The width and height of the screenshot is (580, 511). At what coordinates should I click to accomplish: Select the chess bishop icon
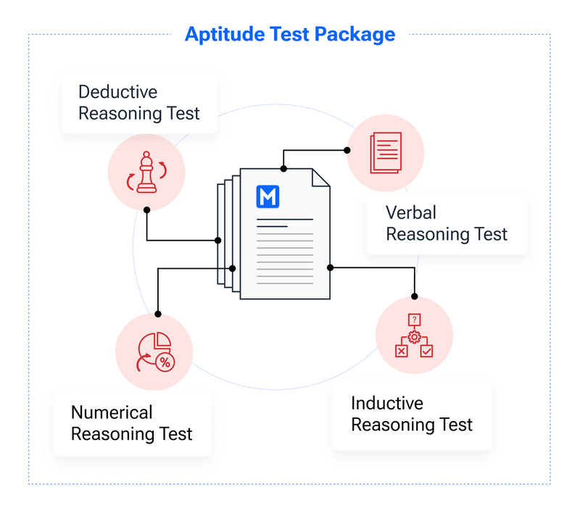[146, 173]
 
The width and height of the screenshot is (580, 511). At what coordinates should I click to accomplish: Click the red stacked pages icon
[385, 152]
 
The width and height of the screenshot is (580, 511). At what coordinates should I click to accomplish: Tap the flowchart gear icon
[414, 336]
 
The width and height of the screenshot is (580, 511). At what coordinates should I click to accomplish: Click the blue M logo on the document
[268, 197]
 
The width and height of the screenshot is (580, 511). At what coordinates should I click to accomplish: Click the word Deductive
[117, 92]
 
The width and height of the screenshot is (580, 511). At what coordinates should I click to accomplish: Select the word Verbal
[411, 212]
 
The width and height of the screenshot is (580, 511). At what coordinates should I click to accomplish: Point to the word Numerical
[112, 412]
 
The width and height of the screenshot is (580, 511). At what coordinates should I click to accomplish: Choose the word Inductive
[387, 403]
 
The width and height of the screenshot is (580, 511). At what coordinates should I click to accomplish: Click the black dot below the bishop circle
[146, 209]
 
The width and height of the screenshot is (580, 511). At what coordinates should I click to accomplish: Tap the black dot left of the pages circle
[347, 150]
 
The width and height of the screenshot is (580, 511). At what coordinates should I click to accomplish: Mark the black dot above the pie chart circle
[158, 315]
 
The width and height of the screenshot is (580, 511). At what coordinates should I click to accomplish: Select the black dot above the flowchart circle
[415, 296]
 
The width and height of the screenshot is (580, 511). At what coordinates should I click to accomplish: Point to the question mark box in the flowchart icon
[414, 319]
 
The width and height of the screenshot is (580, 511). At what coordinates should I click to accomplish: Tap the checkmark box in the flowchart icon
[427, 351]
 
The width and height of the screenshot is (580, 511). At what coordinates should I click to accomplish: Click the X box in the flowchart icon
[400, 351]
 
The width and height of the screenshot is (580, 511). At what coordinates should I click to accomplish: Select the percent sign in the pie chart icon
[165, 362]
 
